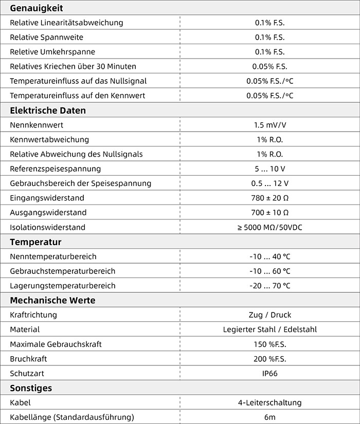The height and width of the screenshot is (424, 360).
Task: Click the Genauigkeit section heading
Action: pyautogui.click(x=37, y=8)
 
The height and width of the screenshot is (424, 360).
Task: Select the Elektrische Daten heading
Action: pyautogui.click(x=48, y=110)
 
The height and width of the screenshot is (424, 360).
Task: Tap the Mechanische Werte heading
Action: pyautogui.click(x=52, y=300)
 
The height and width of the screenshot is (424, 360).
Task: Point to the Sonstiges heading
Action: pyautogui.click(x=31, y=388)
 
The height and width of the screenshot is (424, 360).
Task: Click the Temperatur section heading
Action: pyautogui.click(x=35, y=242)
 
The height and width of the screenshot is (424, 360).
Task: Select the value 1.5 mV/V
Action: pyautogui.click(x=269, y=125)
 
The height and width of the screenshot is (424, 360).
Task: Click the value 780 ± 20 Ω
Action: pyautogui.click(x=269, y=198)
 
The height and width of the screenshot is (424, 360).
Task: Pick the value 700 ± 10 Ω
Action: pyautogui.click(x=269, y=212)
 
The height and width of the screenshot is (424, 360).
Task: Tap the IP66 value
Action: pyautogui.click(x=269, y=373)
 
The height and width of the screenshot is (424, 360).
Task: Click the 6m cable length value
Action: pyautogui.click(x=269, y=417)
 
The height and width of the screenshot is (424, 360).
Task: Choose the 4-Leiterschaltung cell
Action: pyautogui.click(x=269, y=402)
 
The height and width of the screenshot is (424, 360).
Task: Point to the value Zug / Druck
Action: pyautogui.click(x=269, y=315)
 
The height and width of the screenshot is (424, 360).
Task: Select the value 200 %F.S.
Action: pyautogui.click(x=269, y=359)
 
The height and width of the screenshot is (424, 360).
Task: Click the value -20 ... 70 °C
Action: pyautogui.click(x=269, y=286)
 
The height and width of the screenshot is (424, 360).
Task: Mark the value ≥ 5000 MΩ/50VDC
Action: pyautogui.click(x=269, y=227)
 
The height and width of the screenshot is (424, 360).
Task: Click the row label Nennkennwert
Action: pyautogui.click(x=37, y=125)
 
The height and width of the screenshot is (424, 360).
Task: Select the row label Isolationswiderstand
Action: pyautogui.click(x=47, y=227)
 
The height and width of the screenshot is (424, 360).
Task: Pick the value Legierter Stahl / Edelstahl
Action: pyautogui.click(x=269, y=329)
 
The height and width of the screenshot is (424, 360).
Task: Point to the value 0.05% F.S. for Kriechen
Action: pyautogui.click(x=269, y=66)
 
